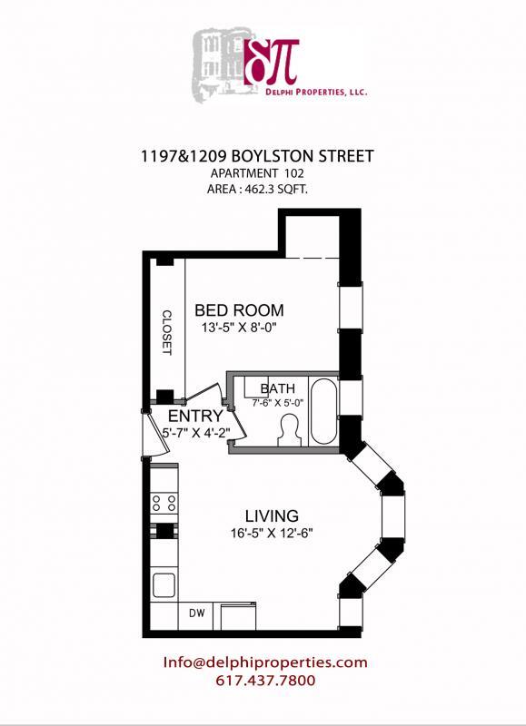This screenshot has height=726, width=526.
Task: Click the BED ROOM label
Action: [x=239, y=309]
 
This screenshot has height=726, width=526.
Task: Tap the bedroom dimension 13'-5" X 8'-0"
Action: [x=239, y=328]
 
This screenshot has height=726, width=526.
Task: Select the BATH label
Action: [x=277, y=388]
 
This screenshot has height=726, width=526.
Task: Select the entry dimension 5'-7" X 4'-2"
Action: [x=194, y=432]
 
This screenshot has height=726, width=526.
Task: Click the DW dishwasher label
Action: [x=196, y=613]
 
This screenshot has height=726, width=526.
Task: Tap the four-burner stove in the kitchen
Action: [x=164, y=500]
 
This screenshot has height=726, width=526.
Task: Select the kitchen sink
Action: [x=164, y=584]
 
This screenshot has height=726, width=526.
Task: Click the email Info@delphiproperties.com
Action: [x=265, y=662]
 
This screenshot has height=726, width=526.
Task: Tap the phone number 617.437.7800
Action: [x=265, y=680]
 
